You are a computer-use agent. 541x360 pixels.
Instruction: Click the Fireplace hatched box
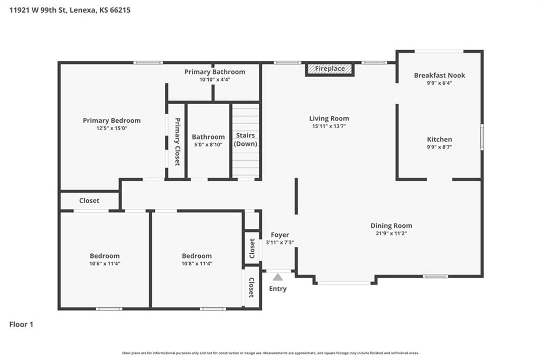click(330, 69)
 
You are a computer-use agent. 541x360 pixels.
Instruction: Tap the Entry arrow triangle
click(278, 277)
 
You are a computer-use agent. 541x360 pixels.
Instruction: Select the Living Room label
click(329, 118)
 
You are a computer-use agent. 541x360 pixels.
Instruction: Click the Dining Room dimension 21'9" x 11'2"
click(391, 233)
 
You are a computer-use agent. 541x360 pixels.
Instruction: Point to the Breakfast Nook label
click(439, 75)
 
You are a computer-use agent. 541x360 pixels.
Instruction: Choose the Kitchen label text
click(440, 140)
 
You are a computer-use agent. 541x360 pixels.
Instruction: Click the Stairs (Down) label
click(245, 140)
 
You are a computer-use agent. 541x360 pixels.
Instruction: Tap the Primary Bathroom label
click(214, 72)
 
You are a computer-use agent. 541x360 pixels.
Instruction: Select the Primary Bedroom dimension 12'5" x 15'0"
click(112, 128)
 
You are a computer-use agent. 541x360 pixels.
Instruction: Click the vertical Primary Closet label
click(178, 142)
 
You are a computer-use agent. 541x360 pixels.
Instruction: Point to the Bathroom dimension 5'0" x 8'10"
click(208, 145)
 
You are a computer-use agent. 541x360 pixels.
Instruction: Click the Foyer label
click(280, 235)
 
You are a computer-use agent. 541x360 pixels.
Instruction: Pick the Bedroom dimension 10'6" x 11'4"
click(105, 264)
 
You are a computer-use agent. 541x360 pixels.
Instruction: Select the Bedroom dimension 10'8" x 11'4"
click(197, 264)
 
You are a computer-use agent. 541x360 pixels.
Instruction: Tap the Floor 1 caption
click(21, 325)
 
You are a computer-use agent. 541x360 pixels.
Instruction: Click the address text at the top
click(70, 10)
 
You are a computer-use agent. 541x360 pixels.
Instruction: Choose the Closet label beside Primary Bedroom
click(89, 200)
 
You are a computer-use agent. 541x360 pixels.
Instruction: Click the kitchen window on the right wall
click(482, 137)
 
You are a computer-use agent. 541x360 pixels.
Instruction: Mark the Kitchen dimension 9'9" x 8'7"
click(440, 147)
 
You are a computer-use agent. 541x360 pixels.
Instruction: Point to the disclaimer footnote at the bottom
click(270, 353)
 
